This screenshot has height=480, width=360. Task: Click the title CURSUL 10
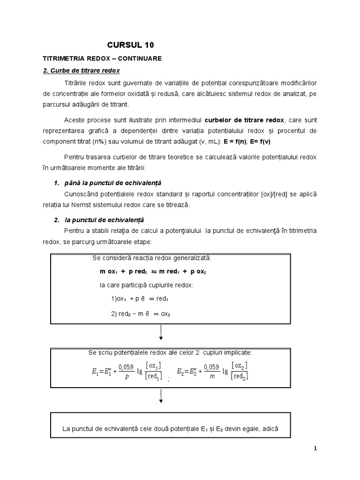click(x=130, y=45)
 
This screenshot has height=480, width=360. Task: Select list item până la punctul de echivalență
click(x=113, y=182)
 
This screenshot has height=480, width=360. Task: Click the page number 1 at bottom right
click(x=315, y=448)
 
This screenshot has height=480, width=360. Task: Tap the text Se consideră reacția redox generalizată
click(x=152, y=258)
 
